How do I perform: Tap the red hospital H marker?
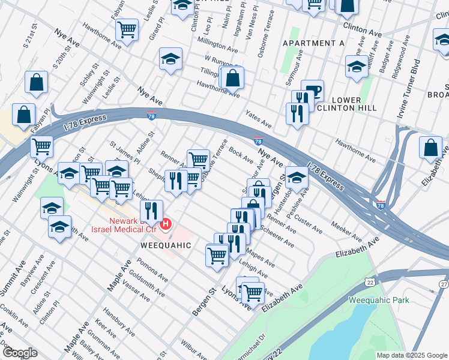[166, 226]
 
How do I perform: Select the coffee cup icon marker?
[313, 91]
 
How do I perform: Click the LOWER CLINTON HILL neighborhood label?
[346, 104]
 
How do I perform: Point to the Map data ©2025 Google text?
[411, 355]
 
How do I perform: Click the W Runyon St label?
[223, 60]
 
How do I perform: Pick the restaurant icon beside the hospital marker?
[151, 211]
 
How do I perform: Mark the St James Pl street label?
[125, 154]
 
